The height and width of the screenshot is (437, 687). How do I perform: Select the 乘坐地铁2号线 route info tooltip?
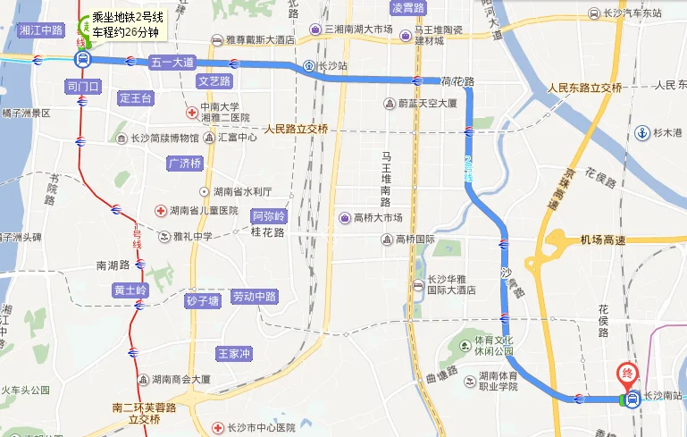click(x=128, y=25)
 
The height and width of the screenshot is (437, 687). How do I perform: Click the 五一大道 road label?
click(x=171, y=62)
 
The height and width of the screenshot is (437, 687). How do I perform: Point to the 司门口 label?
click(x=86, y=87)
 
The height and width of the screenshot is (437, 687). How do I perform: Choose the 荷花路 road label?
click(x=457, y=80)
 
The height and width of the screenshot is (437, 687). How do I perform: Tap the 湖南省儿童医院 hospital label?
click(x=205, y=211)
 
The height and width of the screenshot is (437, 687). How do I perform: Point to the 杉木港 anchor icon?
click(x=641, y=133)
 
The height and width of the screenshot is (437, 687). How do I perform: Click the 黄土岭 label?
click(x=130, y=290)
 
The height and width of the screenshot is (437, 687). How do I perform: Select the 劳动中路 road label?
click(x=254, y=297)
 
